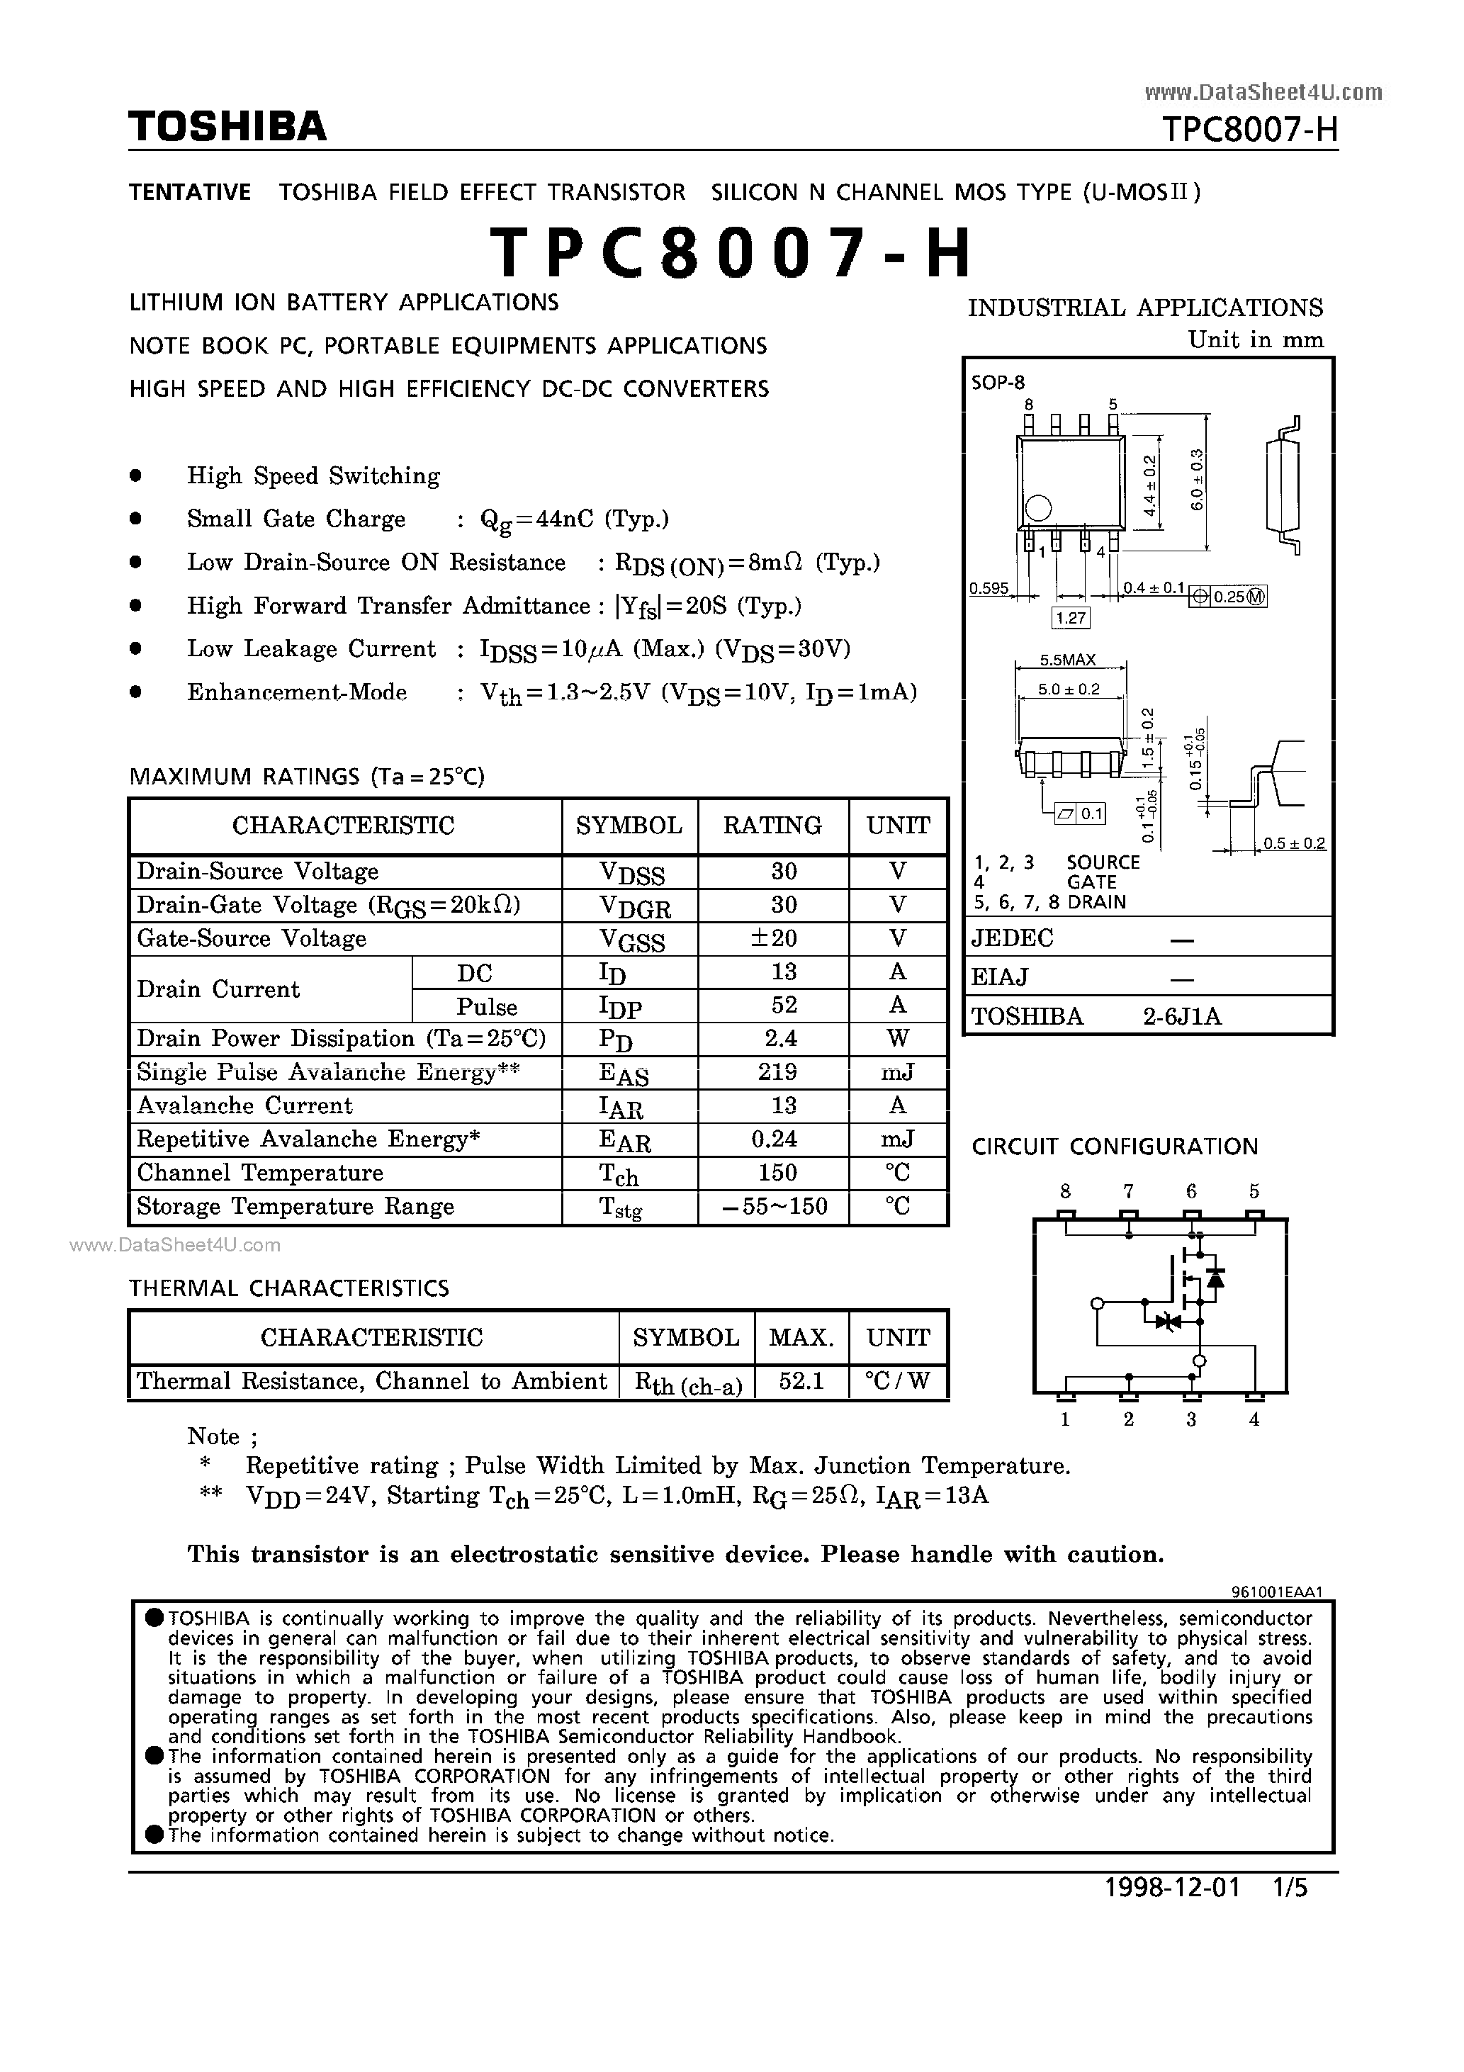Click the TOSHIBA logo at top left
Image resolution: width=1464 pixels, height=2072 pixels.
(x=227, y=126)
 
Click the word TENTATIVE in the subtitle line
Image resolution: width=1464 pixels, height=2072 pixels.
(x=189, y=192)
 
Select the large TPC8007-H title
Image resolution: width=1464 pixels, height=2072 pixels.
(x=731, y=253)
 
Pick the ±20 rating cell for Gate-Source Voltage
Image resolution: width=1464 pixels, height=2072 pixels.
(x=774, y=938)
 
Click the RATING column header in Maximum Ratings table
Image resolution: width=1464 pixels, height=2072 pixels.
(x=772, y=826)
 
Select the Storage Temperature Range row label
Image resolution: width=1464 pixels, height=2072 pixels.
(x=295, y=1207)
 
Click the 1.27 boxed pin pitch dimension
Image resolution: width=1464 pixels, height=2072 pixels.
(x=1071, y=618)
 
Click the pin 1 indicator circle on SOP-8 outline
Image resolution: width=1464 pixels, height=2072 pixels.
(x=1039, y=508)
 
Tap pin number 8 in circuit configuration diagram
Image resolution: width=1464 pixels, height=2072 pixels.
(x=1066, y=1191)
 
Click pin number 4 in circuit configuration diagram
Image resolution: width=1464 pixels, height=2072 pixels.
(x=1254, y=1419)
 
